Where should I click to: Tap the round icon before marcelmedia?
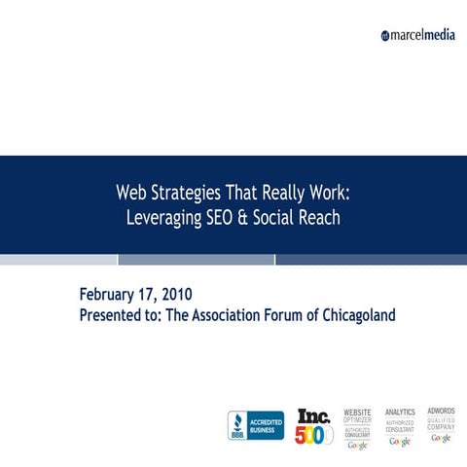click(x=386, y=36)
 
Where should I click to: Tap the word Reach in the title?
click(x=320, y=217)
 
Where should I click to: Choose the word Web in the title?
click(x=133, y=194)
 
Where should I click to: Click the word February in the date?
click(x=112, y=293)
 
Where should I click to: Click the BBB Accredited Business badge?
click(x=256, y=425)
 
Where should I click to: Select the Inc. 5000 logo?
click(x=314, y=425)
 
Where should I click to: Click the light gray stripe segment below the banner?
click(x=58, y=260)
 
